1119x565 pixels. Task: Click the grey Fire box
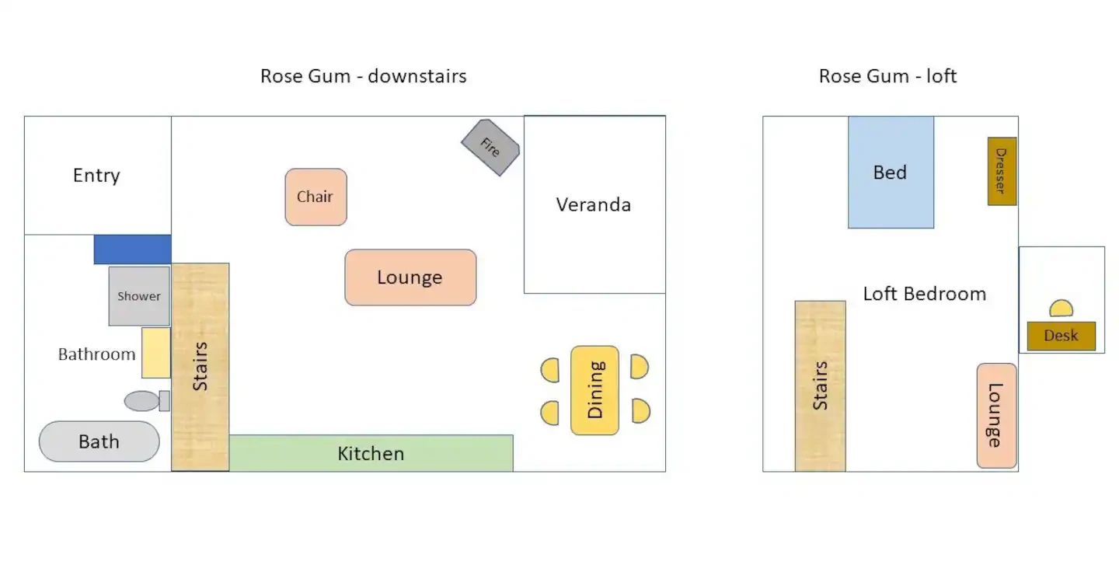click(490, 148)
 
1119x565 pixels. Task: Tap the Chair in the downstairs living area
click(315, 197)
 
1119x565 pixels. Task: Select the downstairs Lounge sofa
click(410, 277)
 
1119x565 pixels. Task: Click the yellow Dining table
click(594, 390)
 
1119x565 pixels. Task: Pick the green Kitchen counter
click(371, 453)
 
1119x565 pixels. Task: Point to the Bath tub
click(99, 441)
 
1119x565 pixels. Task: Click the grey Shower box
click(139, 296)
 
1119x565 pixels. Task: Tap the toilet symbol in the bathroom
click(146, 401)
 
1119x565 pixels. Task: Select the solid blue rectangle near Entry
click(132, 249)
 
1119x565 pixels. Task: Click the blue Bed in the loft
click(891, 173)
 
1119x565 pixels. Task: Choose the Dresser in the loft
click(1002, 171)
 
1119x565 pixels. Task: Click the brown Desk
click(1061, 336)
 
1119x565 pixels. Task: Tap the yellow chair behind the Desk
click(1061, 309)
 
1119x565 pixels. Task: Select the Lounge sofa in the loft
click(996, 416)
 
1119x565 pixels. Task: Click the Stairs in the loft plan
click(821, 386)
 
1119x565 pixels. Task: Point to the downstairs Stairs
click(200, 367)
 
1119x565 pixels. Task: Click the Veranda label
click(594, 205)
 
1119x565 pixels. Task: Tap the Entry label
click(96, 176)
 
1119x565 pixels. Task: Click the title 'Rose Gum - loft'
click(887, 76)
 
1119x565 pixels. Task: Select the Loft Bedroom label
click(925, 294)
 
